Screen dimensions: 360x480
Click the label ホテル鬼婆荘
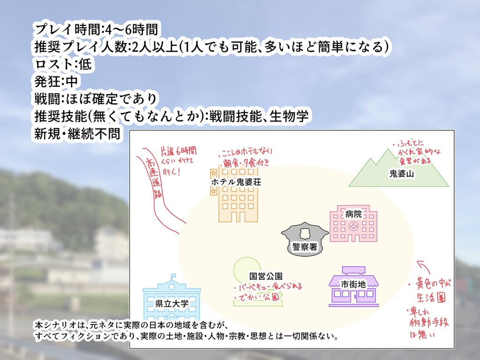point(236,181)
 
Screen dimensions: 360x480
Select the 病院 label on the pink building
point(353,214)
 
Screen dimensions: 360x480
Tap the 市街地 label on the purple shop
point(353,284)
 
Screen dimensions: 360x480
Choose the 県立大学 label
point(172,303)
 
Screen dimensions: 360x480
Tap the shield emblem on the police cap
point(305,232)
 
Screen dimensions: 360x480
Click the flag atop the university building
point(173,276)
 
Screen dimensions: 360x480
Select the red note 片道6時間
point(178,151)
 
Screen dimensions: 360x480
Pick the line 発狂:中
point(56,81)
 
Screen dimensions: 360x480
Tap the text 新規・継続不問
point(76,133)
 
